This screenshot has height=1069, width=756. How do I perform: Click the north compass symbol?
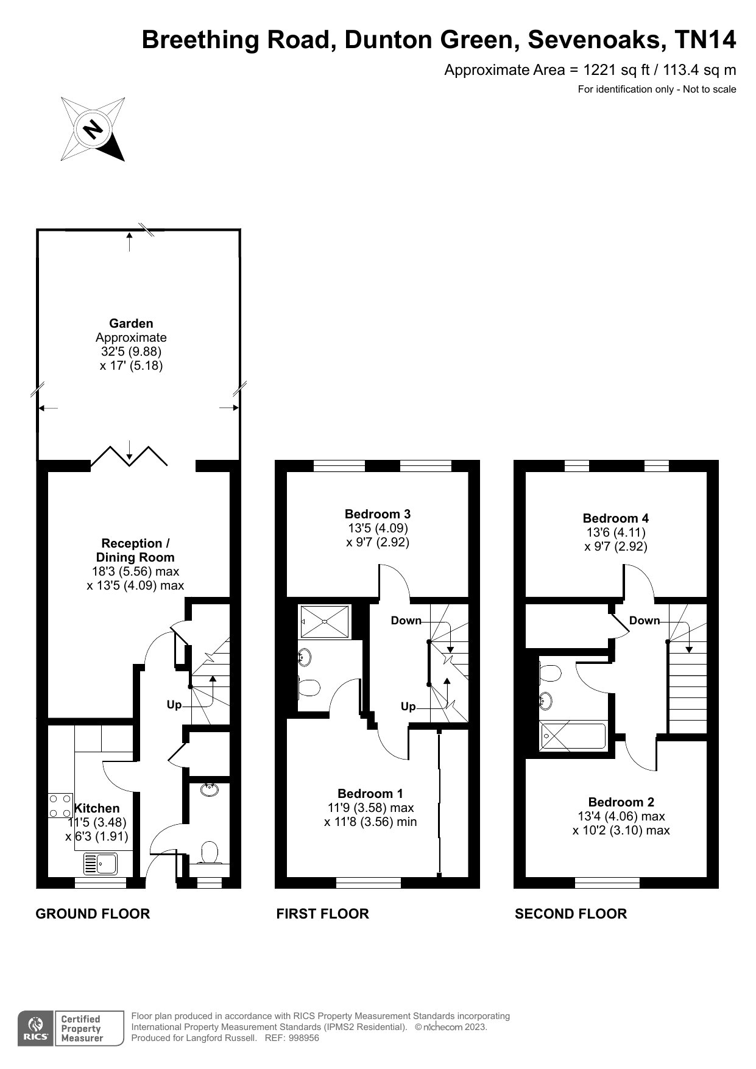coord(93,129)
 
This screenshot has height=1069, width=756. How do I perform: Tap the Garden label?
coord(131,323)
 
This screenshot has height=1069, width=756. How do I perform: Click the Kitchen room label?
coord(97,808)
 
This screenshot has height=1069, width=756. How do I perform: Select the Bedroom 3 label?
coord(378,513)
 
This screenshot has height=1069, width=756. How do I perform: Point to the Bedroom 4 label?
coord(616,518)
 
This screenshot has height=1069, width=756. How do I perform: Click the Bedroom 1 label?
coord(370,793)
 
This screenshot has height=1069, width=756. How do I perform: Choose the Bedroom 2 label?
coord(621,802)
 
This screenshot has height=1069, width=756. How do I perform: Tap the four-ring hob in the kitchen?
coord(60,805)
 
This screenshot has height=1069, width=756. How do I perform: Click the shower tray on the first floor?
coord(325,621)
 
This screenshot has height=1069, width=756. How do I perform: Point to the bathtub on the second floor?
coord(573,736)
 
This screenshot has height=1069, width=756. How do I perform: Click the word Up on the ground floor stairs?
coord(174,705)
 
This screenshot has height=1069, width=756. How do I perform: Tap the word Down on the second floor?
coord(645,620)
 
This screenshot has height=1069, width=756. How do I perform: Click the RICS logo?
coord(37,1028)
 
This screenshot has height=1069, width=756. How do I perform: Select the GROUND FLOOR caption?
coord(93,914)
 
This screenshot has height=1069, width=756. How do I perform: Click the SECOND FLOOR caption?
coord(571,914)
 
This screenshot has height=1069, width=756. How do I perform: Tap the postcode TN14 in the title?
coord(705,40)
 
